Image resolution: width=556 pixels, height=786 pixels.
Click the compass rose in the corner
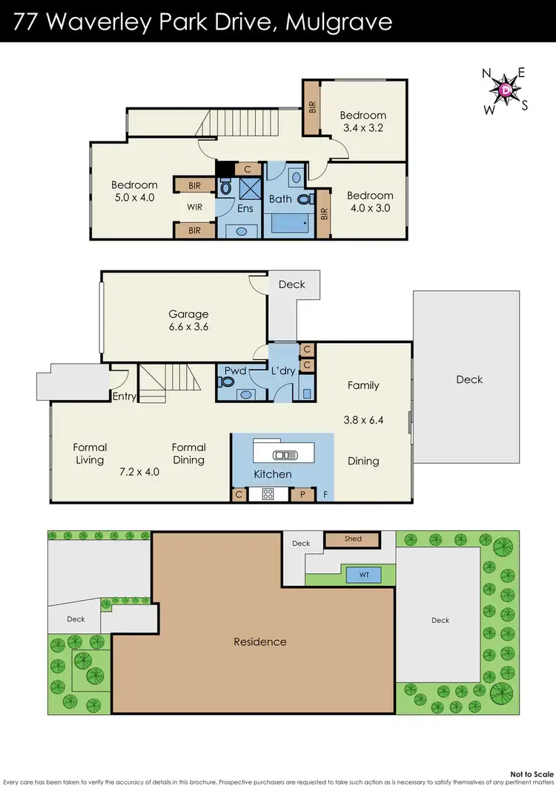506,90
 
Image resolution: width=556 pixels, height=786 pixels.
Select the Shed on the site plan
353,539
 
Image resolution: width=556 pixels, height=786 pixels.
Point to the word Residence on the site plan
260,642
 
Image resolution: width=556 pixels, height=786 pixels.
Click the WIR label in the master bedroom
194,207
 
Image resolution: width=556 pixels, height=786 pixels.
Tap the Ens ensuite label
245,208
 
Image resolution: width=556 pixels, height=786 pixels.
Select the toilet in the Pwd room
227,382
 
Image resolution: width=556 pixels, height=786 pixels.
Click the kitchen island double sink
284,454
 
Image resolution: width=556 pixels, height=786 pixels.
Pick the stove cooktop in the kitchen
268,493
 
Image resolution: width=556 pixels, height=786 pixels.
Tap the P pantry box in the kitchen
302,493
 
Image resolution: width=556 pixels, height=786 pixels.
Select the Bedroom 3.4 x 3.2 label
363,121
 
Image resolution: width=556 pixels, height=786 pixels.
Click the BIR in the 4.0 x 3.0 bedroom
324,213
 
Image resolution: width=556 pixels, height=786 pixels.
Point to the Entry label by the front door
124,396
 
